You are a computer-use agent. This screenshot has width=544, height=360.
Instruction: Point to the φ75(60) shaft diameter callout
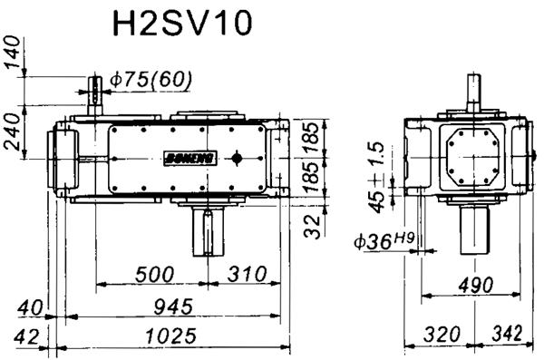pos(151,80)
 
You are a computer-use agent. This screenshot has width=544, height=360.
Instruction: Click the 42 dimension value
pos(26,336)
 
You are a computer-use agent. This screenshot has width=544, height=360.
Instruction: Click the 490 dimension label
pos(471,286)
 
